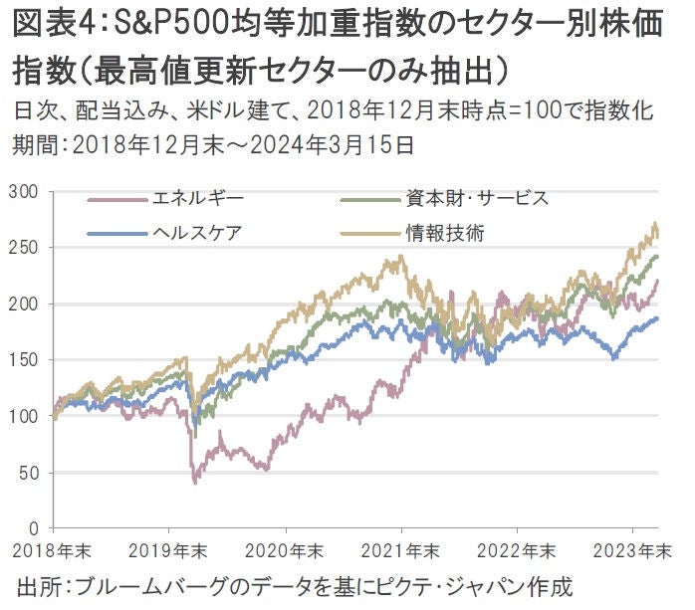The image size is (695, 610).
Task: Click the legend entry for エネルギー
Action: coord(189,199)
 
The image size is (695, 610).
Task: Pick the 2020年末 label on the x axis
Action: coord(284,550)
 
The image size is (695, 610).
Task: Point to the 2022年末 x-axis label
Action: coord(517,550)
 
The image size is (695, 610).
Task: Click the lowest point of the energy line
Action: coord(194,483)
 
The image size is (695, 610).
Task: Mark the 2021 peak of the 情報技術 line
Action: coord(399,257)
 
